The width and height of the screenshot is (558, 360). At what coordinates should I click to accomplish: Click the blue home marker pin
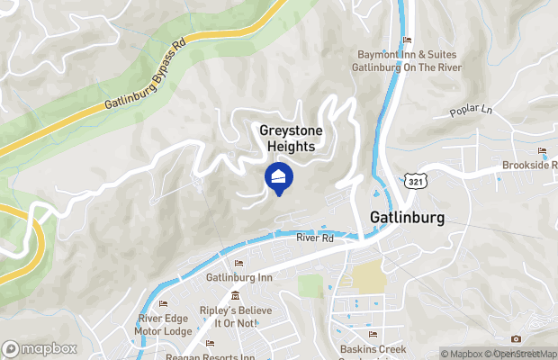click(279, 178)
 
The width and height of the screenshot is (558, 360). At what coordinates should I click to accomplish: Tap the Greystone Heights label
click(292, 138)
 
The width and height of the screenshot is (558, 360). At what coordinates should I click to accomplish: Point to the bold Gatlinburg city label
click(407, 217)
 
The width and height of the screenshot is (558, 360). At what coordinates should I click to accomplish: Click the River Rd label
click(315, 238)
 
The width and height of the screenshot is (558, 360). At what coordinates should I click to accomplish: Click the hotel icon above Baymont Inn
click(407, 40)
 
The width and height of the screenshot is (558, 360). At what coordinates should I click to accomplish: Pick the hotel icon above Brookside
click(542, 150)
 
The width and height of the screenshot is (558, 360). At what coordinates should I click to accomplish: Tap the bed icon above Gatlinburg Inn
click(238, 263)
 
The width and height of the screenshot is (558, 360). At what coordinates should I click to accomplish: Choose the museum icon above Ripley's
click(235, 296)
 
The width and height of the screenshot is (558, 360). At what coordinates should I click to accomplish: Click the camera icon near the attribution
click(516, 338)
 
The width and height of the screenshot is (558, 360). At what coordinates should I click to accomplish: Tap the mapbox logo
click(40, 348)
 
